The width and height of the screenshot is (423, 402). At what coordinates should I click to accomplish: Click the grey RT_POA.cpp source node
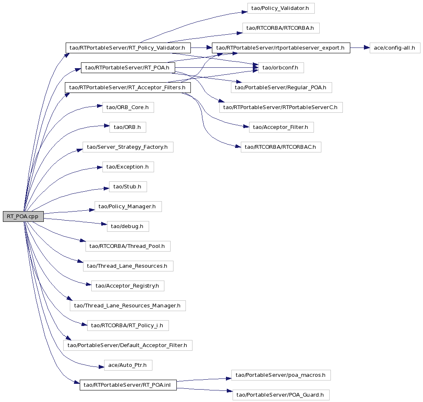(23, 216)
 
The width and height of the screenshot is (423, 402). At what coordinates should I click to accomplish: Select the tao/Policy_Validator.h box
(281, 8)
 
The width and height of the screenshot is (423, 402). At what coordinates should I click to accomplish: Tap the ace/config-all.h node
(394, 48)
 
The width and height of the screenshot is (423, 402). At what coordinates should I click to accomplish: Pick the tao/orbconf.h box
(281, 68)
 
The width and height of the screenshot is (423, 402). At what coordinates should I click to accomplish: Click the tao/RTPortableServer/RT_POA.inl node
(128, 385)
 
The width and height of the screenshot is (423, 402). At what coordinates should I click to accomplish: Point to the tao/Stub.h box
(128, 187)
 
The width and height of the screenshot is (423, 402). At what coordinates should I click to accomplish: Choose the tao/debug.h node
(128, 226)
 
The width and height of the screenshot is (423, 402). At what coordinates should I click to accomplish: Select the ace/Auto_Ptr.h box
(128, 365)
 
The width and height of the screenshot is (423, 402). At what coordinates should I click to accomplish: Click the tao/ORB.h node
(128, 127)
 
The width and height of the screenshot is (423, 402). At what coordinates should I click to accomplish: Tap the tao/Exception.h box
(128, 167)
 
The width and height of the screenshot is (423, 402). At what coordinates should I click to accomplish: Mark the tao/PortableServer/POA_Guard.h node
(281, 395)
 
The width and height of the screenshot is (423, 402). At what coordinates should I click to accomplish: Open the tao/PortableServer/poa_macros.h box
(281, 375)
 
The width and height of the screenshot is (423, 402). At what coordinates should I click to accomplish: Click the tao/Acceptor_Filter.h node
(281, 127)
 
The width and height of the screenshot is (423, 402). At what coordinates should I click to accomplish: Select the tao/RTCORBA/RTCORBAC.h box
(281, 147)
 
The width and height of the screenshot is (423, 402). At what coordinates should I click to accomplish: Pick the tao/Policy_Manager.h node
(128, 207)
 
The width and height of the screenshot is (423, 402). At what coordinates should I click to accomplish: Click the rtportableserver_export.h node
(281, 48)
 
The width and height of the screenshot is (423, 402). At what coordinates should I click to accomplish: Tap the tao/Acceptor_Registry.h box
(128, 286)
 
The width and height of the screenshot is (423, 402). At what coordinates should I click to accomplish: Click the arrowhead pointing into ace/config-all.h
(367, 48)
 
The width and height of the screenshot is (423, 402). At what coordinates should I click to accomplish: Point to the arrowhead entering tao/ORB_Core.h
(100, 106)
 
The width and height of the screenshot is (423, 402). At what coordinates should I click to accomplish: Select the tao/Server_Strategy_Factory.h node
(128, 147)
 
